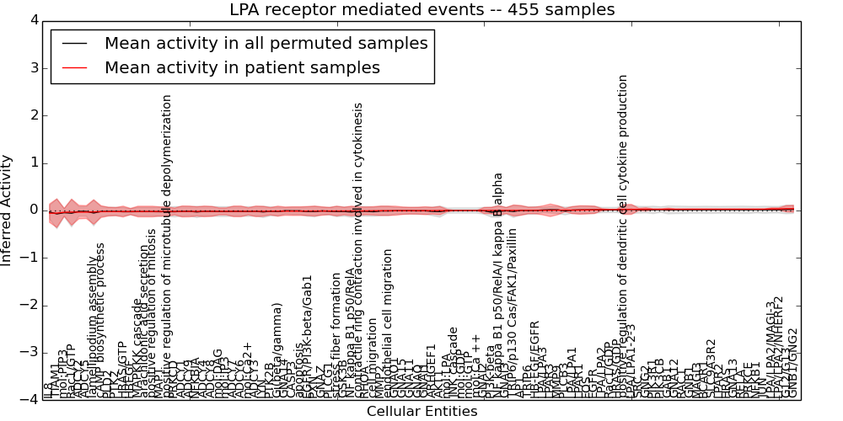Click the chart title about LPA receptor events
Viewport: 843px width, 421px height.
point(421,10)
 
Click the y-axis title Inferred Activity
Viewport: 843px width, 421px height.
point(8,210)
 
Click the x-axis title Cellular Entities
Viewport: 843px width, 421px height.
point(421,412)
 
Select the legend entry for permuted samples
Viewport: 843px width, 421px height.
point(266,44)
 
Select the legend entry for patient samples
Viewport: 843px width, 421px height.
point(242,67)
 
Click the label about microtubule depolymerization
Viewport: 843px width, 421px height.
point(167,244)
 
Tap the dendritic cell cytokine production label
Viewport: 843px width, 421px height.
point(623,227)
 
